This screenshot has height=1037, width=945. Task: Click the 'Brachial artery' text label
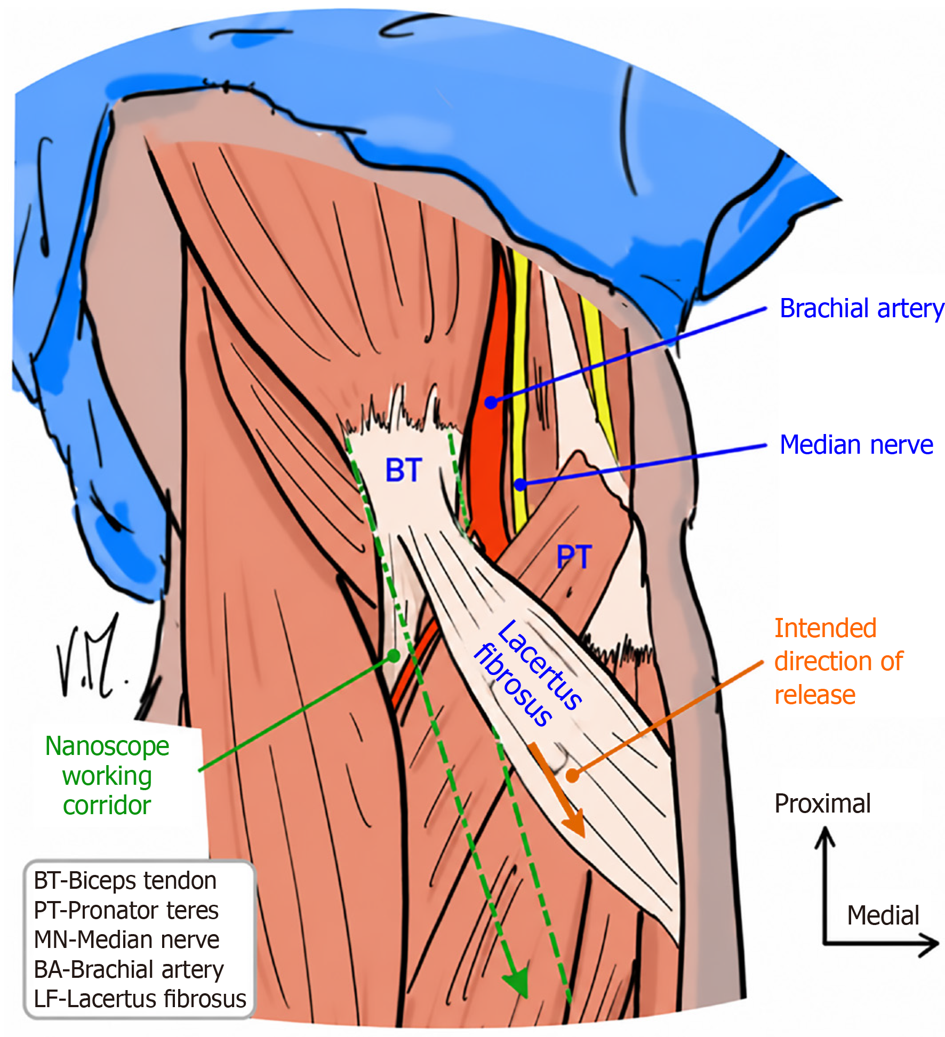(861, 309)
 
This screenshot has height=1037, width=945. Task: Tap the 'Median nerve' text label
(856, 445)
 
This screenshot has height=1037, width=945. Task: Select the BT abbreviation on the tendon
(404, 470)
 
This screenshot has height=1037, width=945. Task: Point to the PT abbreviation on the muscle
(574, 557)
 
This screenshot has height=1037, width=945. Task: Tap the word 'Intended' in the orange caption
(825, 628)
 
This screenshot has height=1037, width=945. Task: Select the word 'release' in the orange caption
(814, 695)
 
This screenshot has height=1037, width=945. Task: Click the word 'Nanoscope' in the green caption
(107, 746)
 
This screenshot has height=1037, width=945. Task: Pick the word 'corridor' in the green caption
(107, 805)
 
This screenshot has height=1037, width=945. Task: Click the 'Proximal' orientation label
(822, 803)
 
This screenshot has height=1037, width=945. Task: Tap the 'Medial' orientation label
(883, 915)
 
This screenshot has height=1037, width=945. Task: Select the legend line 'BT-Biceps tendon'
(125, 881)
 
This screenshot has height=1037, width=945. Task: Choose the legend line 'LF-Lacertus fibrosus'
(140, 999)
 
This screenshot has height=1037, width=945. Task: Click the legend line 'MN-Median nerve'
(126, 939)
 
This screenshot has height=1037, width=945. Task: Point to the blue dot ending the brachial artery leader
(491, 402)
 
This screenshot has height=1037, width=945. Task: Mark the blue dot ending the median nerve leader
(520, 485)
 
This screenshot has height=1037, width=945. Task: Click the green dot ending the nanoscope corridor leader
(393, 656)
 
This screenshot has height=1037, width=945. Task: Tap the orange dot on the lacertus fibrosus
(572, 776)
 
